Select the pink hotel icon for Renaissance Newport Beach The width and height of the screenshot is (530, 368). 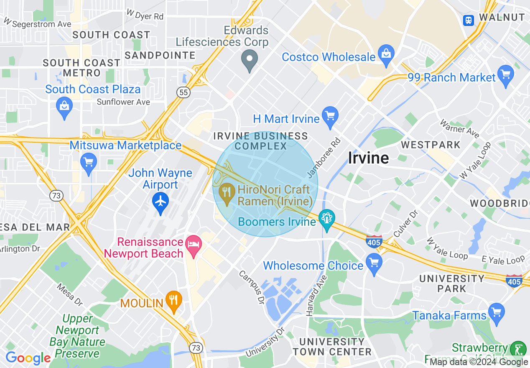pyautogui.click(x=194, y=244)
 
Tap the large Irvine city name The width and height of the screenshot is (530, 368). pyautogui.click(x=368, y=158)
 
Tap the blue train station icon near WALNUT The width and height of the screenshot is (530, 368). pyautogui.click(x=469, y=19)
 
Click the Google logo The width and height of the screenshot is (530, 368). pyautogui.click(x=28, y=358)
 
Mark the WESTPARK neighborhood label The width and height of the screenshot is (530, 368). pyautogui.click(x=431, y=145)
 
